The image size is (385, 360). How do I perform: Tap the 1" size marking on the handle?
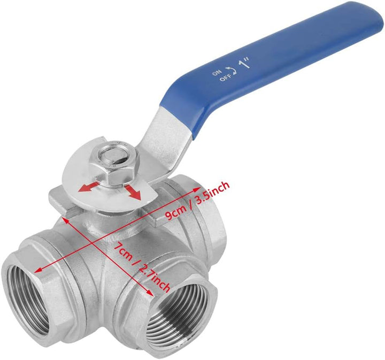pos(244,64)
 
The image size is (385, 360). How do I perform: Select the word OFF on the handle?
pos(226,78)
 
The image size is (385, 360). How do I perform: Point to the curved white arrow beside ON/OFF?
pos(231,70)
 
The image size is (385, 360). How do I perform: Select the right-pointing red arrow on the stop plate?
pos(133,192)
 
